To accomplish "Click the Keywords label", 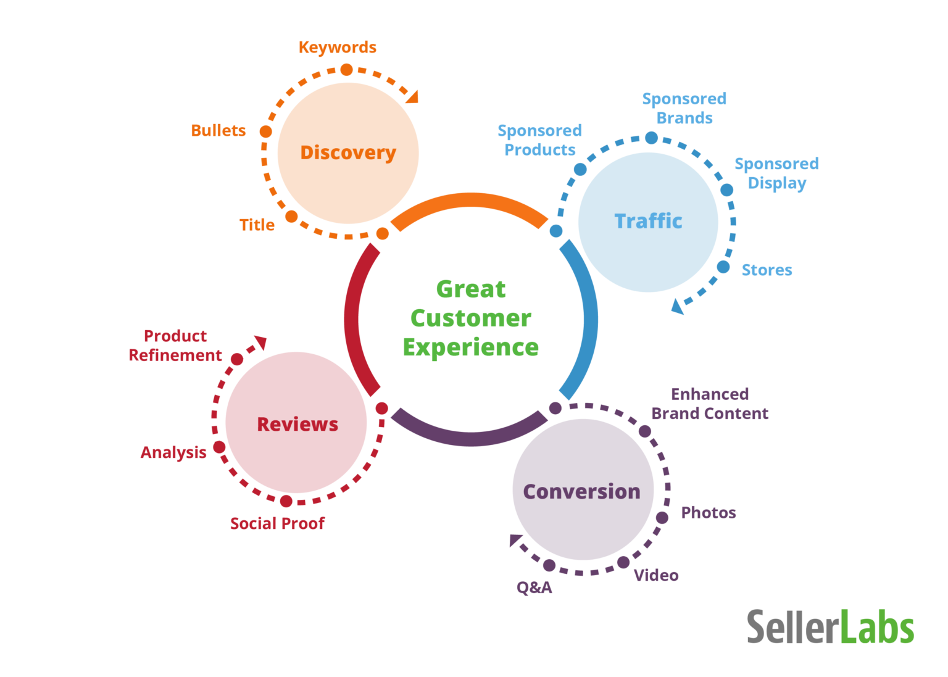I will click(338, 48).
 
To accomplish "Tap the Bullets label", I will click(218, 131).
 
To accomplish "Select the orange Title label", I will click(257, 225).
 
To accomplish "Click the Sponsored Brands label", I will click(684, 109).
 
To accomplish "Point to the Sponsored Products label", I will click(540, 140).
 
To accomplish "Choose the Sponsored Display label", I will click(777, 173).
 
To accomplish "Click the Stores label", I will click(767, 270).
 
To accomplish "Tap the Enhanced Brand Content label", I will click(710, 404).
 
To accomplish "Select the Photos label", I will click(709, 513).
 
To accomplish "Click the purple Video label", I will click(656, 576).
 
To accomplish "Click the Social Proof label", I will click(277, 524).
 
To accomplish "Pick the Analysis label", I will click(173, 453).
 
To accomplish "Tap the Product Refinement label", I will click(175, 346).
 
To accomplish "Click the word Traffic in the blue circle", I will click(648, 221).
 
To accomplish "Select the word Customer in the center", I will click(471, 318).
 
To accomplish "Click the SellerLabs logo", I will click(830, 627).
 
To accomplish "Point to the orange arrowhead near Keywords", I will click(412, 96).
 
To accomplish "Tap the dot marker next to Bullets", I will click(265, 131).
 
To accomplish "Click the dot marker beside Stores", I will click(723, 267).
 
